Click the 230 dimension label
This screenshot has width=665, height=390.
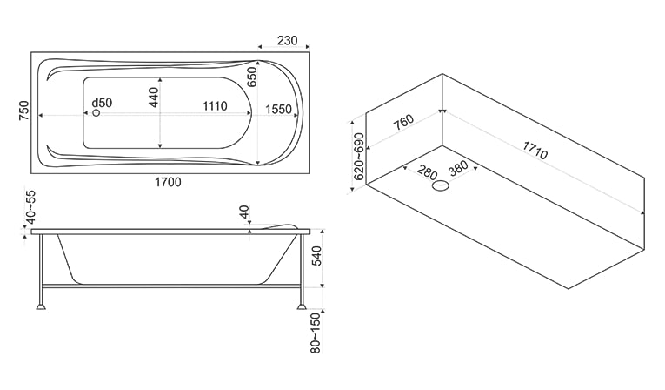287,40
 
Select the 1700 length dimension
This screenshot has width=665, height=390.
168,182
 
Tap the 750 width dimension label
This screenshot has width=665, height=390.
24,111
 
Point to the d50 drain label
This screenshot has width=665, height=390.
102,103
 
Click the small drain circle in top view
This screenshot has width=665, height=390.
96,113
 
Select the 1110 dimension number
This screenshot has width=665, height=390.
215,106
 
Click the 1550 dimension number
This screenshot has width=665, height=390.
279,109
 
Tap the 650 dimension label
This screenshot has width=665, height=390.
252,77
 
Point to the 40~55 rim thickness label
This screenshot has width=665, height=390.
31,207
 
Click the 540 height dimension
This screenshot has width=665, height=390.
316,255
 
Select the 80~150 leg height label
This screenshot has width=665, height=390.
316,333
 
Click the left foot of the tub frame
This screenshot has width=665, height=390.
41,306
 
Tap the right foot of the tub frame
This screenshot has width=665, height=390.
301,306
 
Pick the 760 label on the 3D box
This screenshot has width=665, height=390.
402,123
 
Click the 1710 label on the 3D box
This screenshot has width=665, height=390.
535,150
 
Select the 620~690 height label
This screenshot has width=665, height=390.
359,157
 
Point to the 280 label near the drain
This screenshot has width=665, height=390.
427,172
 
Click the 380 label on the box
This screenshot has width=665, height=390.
458,168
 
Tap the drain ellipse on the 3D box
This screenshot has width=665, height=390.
441,185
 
